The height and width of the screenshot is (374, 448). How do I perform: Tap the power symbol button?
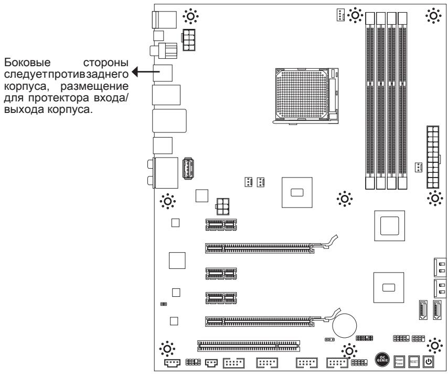click(428, 361)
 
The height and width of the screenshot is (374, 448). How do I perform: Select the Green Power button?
click(398, 361)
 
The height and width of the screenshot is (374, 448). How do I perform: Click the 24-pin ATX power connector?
click(433, 159)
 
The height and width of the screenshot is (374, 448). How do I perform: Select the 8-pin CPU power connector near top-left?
click(189, 39)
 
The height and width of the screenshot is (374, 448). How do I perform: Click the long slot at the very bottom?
click(248, 345)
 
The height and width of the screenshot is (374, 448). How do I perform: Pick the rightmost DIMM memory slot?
click(402, 100)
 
